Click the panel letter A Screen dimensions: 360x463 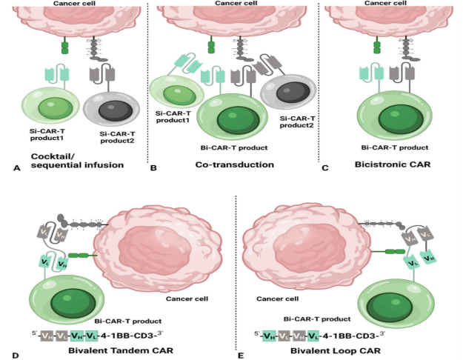tap(16, 169)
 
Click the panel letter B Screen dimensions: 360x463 tap(153, 169)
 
